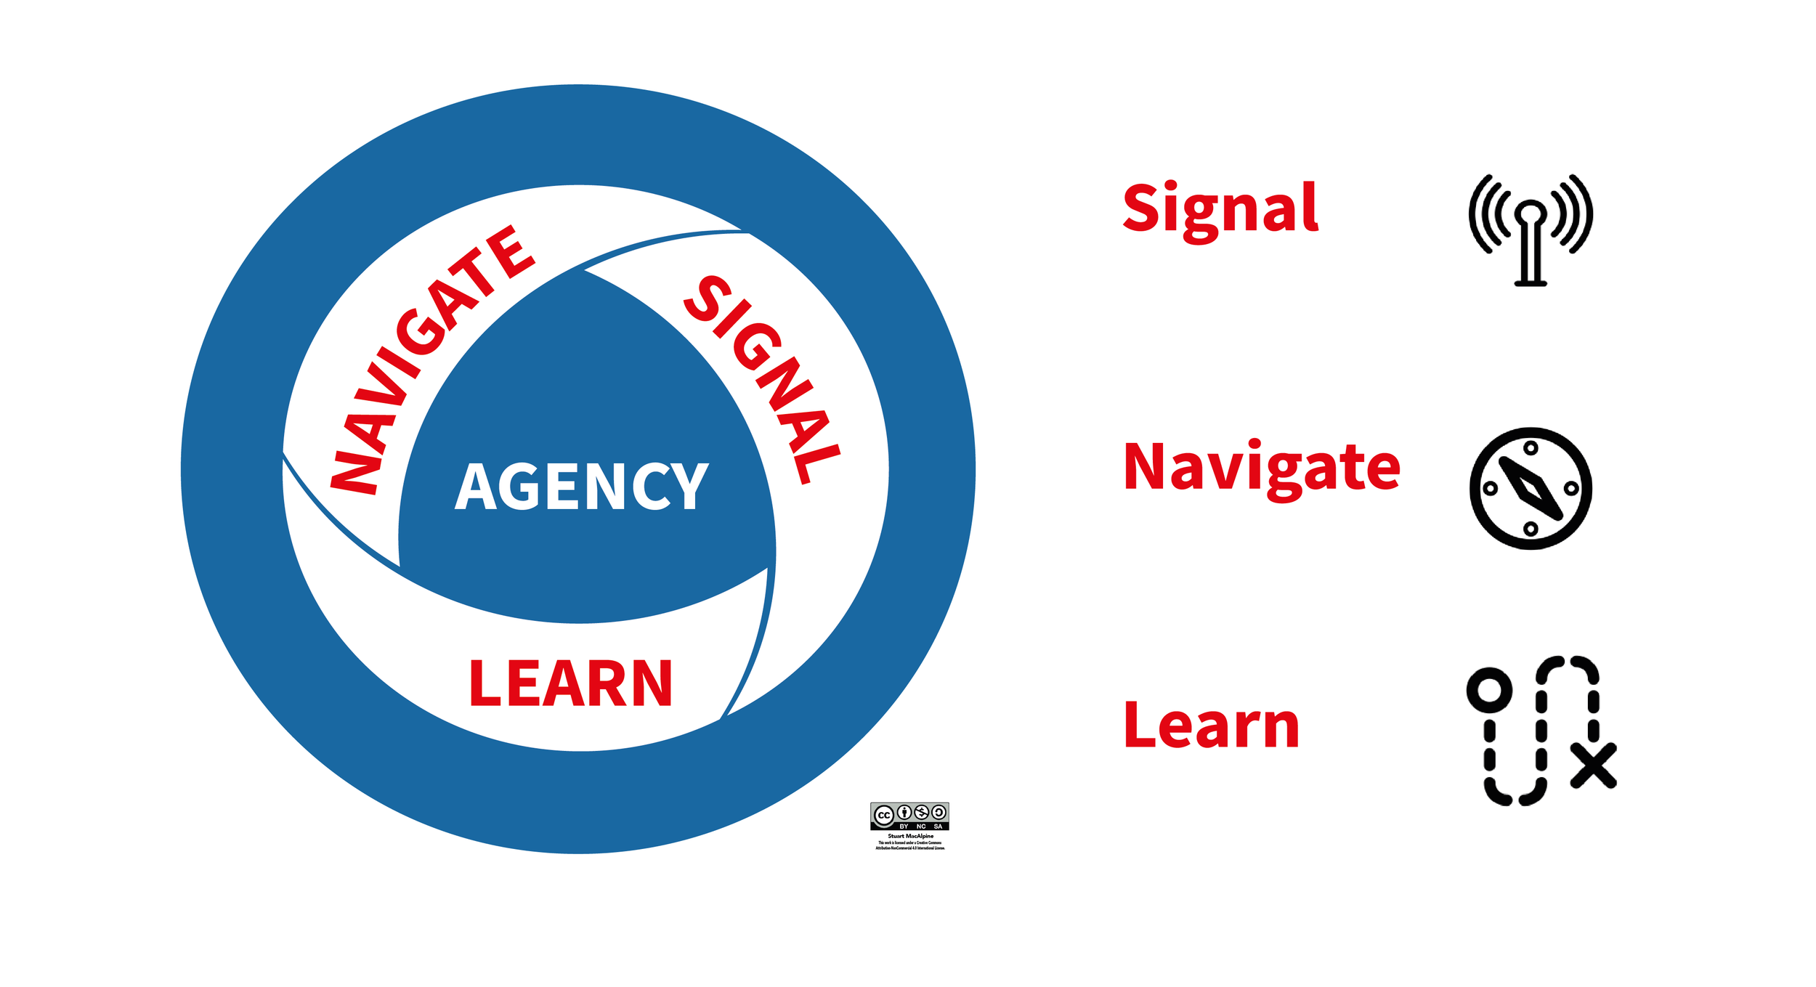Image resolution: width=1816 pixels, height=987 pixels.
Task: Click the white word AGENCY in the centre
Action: point(581,487)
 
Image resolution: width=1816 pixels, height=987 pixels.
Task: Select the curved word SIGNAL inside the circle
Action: point(763,378)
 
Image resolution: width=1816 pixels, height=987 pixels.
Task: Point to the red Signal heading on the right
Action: point(1220,209)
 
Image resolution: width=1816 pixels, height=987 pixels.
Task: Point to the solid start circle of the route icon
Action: point(1489,689)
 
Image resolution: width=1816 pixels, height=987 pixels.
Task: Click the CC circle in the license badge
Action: point(884,815)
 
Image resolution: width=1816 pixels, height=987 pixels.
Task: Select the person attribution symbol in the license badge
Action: point(904,812)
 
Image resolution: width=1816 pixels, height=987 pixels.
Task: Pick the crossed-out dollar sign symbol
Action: point(922,812)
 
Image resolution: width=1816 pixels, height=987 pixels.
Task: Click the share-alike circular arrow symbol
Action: point(939,812)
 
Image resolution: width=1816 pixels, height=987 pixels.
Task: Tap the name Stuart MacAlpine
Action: point(910,836)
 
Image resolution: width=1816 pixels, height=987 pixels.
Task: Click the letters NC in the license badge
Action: point(921,826)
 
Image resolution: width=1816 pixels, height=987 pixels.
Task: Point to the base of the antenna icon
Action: point(1531,283)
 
